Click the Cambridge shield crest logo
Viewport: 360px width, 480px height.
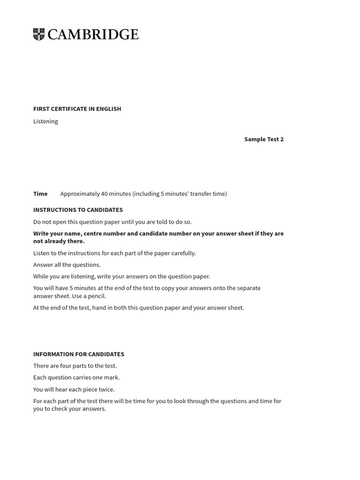coord(39,35)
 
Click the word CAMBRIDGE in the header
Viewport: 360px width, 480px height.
coord(93,35)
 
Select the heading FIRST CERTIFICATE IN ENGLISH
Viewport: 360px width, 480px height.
coord(77,109)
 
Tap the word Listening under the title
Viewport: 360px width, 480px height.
coord(45,121)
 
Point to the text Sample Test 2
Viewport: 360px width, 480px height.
coord(263,139)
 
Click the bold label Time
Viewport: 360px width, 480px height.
coord(40,194)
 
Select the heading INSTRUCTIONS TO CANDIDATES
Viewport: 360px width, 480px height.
coord(78,210)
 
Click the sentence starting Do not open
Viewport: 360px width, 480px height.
coord(112,222)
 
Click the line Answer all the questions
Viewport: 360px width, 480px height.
coord(67,265)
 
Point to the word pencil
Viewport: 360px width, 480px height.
coord(97,296)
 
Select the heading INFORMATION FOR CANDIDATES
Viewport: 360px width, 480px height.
coord(78,354)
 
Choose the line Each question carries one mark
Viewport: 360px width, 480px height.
coord(76,378)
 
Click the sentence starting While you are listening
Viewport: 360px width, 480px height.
coord(121,277)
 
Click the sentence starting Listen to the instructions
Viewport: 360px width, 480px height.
coord(114,253)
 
